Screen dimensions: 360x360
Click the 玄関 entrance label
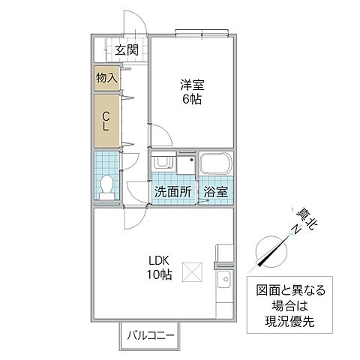127,51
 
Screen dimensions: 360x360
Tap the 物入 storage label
106,78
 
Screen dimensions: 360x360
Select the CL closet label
106,121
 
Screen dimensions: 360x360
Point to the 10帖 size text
159,275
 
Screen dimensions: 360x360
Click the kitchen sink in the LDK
223,283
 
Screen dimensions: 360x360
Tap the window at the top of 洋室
200,32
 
